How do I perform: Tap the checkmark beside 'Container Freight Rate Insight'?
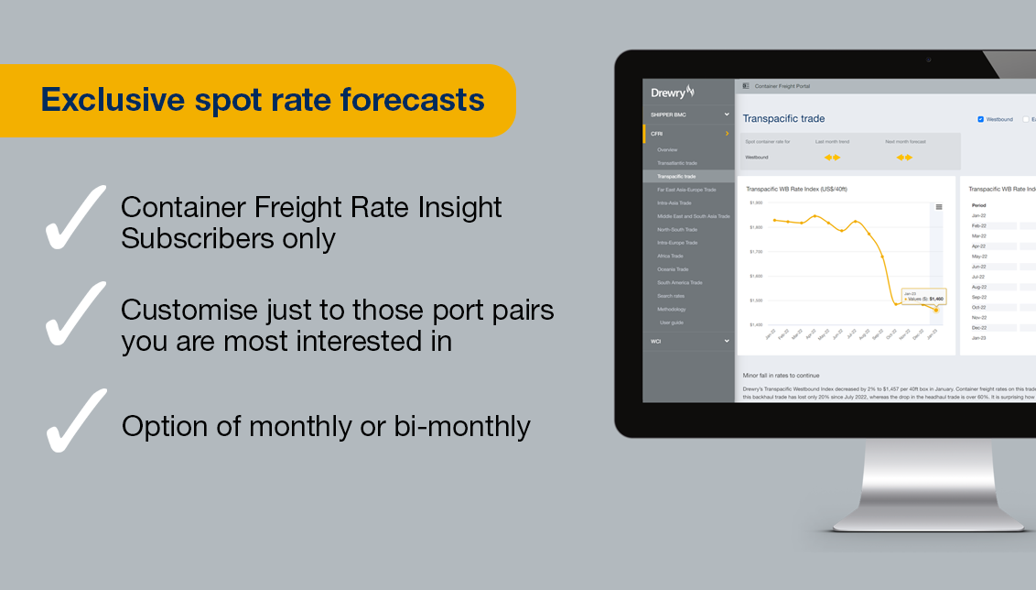coord(75,217)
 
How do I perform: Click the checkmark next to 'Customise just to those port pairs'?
coord(75,313)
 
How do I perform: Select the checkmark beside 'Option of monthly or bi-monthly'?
coord(75,420)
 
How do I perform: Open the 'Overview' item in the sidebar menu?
coord(667,149)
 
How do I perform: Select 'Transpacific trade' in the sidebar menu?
coord(676,176)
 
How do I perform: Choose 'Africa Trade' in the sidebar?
coord(670,256)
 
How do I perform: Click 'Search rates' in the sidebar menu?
coord(671,296)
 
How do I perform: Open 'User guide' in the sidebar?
coord(671,322)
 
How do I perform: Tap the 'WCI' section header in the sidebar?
coord(656,341)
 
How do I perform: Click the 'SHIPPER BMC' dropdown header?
coord(668,115)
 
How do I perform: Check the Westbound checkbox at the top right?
coord(981,119)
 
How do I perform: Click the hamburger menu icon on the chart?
coord(938,207)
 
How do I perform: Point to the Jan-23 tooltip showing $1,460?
coord(923,297)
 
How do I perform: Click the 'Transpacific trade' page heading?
coord(783,118)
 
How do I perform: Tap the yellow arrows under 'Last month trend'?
coord(832,158)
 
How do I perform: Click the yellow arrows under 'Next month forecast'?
coord(904,158)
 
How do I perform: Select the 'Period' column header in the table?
coord(978,205)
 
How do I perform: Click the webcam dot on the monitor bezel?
coord(928,60)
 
